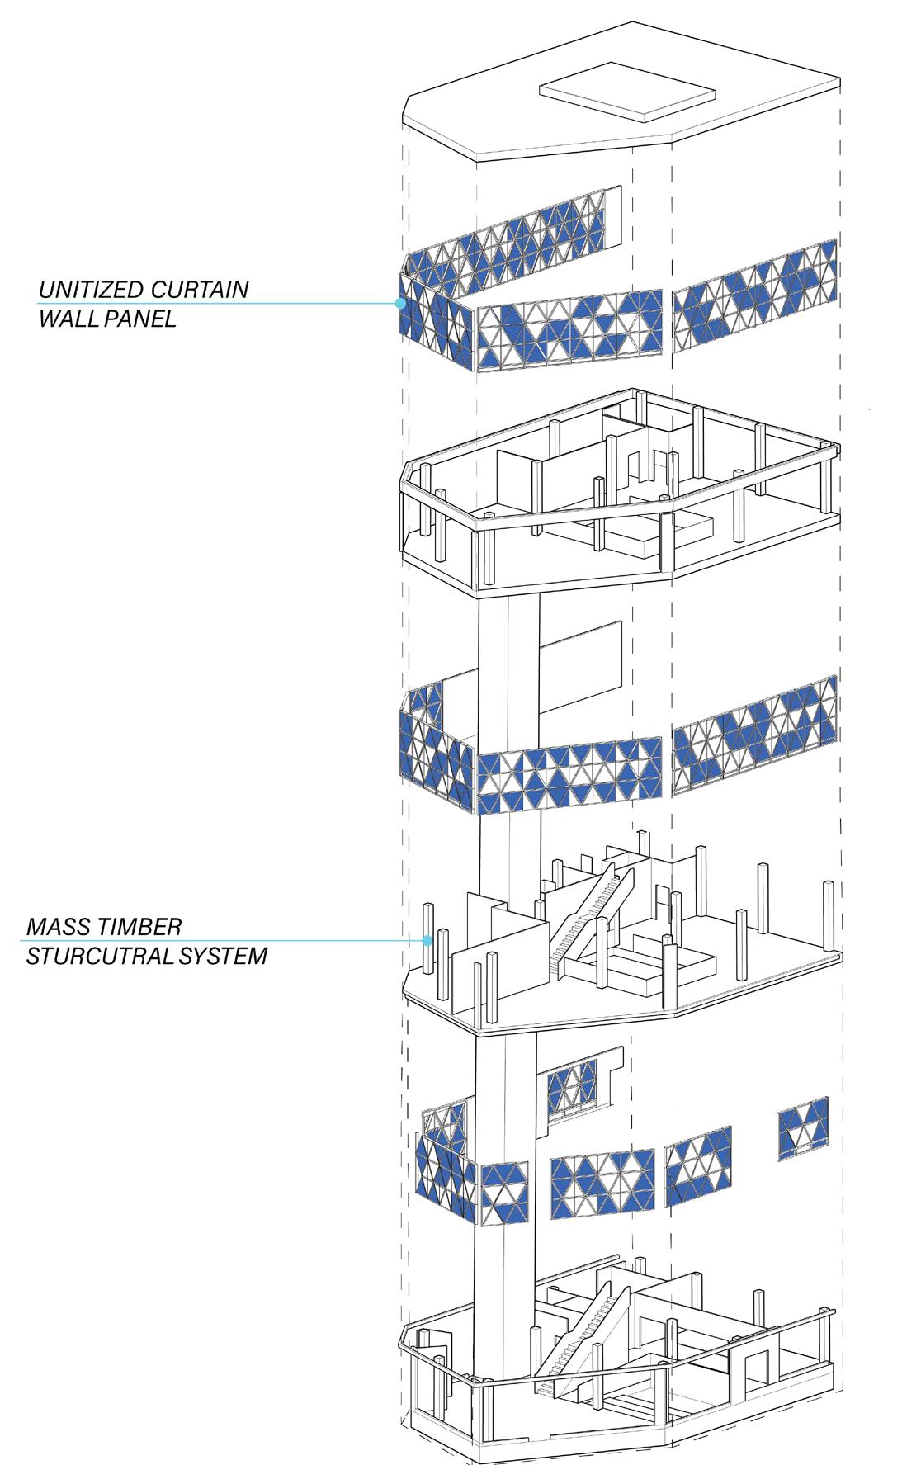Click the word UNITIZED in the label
click(91, 290)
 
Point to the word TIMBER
click(139, 926)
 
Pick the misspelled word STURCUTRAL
click(97, 957)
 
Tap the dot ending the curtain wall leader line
click(401, 304)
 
